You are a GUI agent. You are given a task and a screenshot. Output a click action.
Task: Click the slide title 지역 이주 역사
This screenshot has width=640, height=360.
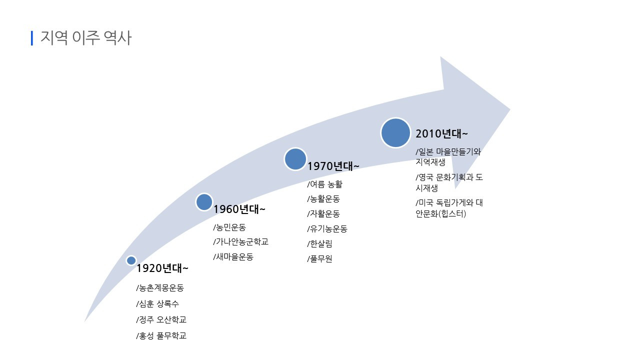pyautogui.click(x=85, y=38)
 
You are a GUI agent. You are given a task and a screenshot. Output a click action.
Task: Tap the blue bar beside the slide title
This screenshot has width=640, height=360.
pyautogui.click(x=32, y=38)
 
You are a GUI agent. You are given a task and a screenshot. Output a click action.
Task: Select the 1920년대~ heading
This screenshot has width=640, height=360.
pyautogui.click(x=162, y=268)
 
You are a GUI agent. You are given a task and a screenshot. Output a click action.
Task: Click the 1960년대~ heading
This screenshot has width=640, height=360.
pyautogui.click(x=239, y=209)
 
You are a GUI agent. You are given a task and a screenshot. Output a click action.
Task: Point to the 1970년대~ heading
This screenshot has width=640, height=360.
pyautogui.click(x=333, y=166)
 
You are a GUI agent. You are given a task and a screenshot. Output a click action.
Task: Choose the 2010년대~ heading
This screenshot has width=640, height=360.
pyautogui.click(x=442, y=134)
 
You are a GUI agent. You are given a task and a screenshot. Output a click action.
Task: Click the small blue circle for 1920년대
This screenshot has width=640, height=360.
pyautogui.click(x=131, y=260)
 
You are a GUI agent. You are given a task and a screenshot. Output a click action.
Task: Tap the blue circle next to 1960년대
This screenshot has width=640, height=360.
pyautogui.click(x=204, y=202)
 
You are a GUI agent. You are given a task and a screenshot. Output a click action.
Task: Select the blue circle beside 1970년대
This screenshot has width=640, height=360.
pyautogui.click(x=295, y=158)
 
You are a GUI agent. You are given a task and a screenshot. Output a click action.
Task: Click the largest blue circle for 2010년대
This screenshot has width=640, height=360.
pyautogui.click(x=395, y=133)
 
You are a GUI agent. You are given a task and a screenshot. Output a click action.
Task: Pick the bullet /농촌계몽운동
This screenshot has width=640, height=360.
pyautogui.click(x=160, y=288)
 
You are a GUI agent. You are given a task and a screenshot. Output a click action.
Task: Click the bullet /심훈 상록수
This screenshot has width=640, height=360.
pyautogui.click(x=157, y=304)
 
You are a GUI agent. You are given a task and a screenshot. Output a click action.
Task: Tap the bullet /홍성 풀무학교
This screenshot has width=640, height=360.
pyautogui.click(x=161, y=336)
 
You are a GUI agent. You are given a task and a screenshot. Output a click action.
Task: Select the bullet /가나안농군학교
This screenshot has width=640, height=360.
pyautogui.click(x=240, y=242)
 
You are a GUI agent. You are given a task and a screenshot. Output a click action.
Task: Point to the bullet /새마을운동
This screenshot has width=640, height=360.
pyautogui.click(x=233, y=257)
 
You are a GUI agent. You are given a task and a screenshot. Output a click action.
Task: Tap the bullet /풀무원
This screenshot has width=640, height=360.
pyautogui.click(x=319, y=259)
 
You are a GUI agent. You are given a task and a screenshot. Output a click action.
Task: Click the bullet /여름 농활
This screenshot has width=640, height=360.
pyautogui.click(x=324, y=184)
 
